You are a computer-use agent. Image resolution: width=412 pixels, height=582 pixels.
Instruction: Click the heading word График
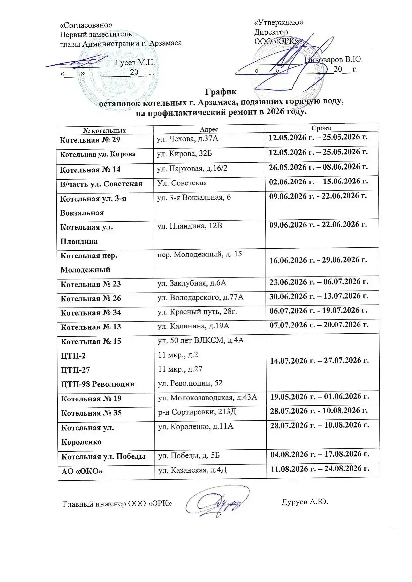tap(221, 92)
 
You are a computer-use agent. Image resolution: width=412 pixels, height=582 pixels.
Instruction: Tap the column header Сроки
tap(321, 128)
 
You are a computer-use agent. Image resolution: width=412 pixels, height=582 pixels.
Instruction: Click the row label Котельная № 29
tap(90, 140)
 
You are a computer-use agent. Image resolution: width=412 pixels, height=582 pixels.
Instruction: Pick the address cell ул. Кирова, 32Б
tap(184, 153)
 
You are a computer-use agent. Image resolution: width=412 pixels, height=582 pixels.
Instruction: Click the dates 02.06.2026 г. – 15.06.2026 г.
tap(318, 182)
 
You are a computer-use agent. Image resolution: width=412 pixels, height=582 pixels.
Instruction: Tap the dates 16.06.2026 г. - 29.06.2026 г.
tap(318, 260)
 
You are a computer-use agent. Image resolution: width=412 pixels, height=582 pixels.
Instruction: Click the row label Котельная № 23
tap(91, 284)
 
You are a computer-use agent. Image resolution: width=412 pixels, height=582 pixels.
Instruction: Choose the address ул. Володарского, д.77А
tap(200, 297)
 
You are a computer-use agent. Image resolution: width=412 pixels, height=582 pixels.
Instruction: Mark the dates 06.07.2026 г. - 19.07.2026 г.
tap(319, 311)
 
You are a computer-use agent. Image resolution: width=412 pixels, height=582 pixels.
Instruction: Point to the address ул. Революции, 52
tap(190, 383)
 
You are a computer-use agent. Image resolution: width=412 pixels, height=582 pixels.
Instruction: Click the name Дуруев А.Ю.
tap(305, 502)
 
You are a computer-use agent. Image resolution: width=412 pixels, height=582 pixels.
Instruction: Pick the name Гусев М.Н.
tap(135, 63)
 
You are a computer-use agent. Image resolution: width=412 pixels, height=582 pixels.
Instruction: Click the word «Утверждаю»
tap(278, 23)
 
